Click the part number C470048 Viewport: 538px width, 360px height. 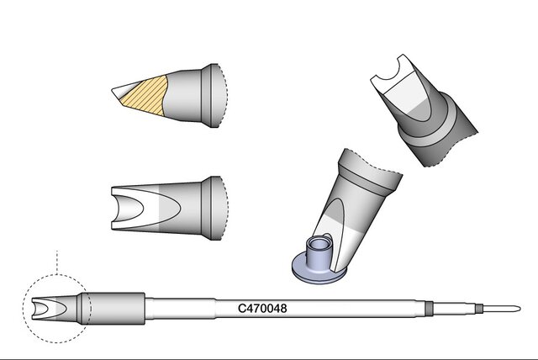tap(262, 308)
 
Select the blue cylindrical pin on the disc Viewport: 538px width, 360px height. tap(319, 254)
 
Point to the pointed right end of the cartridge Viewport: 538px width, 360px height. tap(520, 308)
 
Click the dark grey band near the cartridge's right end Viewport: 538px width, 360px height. tap(428, 308)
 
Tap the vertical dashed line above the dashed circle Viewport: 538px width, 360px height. tap(56, 262)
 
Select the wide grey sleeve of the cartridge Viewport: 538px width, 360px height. tap(115, 308)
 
